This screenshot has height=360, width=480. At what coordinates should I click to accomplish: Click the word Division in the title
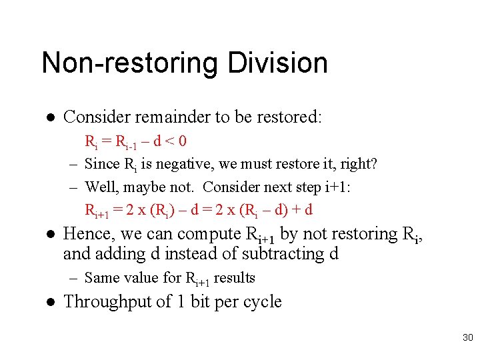click(x=277, y=63)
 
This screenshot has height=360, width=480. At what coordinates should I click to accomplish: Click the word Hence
click(x=83, y=234)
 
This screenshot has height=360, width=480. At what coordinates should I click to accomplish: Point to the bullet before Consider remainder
click(x=50, y=118)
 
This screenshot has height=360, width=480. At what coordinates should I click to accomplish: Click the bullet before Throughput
click(x=50, y=302)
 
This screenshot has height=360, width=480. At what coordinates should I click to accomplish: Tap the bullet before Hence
click(x=50, y=235)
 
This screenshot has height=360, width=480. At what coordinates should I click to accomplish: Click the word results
click(x=234, y=278)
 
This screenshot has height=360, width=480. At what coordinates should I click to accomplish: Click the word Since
click(x=101, y=164)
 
